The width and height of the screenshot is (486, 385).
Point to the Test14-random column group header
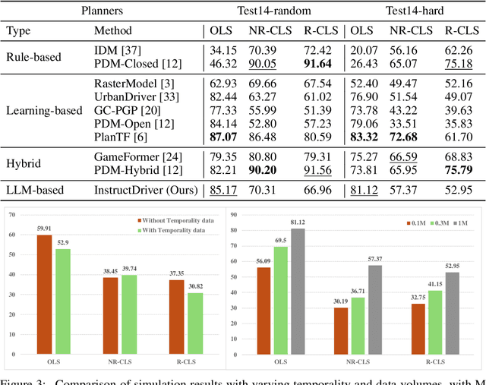click(x=269, y=11)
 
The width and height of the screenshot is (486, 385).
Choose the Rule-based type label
click(x=36, y=57)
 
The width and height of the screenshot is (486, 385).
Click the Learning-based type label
click(x=43, y=110)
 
